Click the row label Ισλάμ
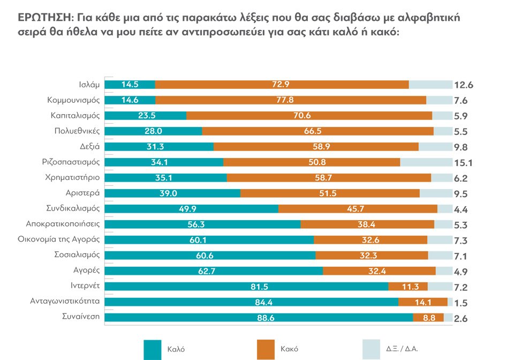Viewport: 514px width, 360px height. (x=88, y=84)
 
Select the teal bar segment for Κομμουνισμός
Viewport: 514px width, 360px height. (x=130, y=100)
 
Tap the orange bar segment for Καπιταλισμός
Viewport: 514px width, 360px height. (x=309, y=115)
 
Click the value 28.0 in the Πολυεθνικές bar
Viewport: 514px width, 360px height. (x=153, y=131)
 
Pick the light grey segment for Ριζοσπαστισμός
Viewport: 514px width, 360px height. (x=426, y=162)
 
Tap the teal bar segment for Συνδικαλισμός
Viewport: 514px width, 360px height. (x=191, y=208)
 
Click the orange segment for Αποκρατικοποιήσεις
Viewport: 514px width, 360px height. (x=367, y=224)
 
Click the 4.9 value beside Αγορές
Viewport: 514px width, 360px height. (x=461, y=272)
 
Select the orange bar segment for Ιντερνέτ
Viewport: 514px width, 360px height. (x=408, y=286)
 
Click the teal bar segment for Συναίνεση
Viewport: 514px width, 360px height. (x=259, y=317)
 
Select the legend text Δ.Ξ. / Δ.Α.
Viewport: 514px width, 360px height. (x=402, y=349)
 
